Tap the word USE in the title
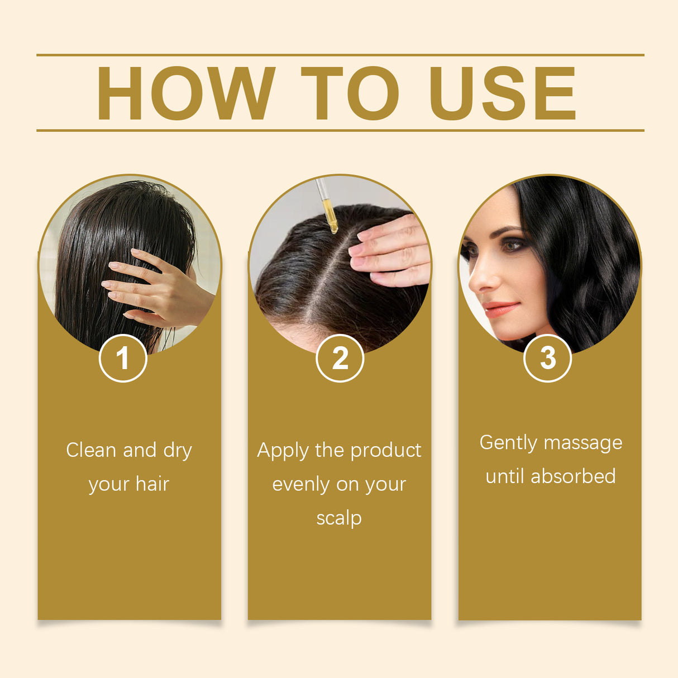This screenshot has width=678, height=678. click(502, 93)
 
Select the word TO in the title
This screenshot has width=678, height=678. click(350, 93)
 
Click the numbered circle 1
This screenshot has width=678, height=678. click(123, 358)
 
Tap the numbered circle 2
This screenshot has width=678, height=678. click(340, 358)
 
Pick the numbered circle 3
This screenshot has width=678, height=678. click(547, 358)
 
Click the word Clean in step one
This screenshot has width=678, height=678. click(91, 450)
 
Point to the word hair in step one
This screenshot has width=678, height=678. click(152, 484)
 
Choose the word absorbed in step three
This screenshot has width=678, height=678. click(573, 476)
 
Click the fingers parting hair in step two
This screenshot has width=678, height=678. click(391, 251)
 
